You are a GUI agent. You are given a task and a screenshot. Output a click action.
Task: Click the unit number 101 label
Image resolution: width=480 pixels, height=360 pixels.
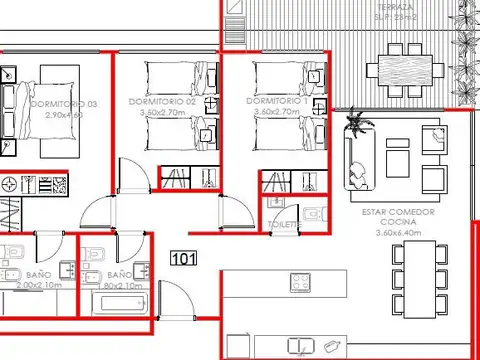point(183,259)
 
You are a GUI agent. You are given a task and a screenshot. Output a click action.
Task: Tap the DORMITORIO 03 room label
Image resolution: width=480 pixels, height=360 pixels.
point(64,105)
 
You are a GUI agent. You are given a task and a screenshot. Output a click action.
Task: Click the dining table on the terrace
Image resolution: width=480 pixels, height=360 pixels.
point(406,71)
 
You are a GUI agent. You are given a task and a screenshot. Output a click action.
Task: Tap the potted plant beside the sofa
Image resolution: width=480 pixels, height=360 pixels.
point(355,125)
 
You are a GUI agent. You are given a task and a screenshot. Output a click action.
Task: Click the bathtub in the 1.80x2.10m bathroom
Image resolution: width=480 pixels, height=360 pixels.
point(118,304)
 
